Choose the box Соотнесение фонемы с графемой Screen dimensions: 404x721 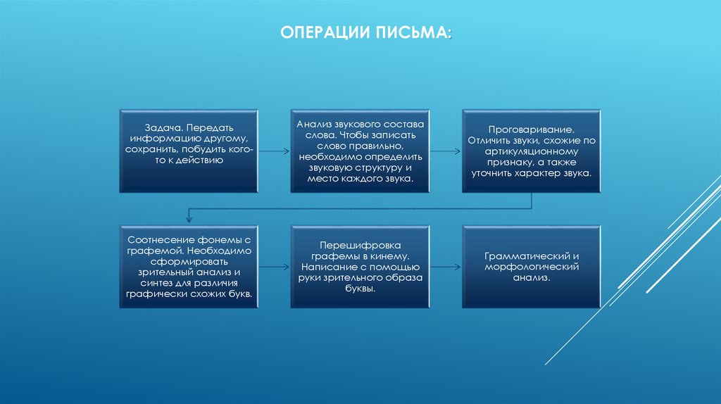[x=189, y=267]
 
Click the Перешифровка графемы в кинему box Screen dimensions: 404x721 [x=360, y=267]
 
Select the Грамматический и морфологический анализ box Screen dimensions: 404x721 [x=532, y=267]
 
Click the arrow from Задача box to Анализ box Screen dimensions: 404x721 [x=275, y=151]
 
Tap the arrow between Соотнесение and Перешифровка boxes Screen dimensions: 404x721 [x=275, y=267]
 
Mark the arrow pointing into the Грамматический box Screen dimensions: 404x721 [x=446, y=267]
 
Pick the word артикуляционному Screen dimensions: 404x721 [x=532, y=151]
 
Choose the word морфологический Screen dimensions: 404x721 [x=532, y=267]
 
